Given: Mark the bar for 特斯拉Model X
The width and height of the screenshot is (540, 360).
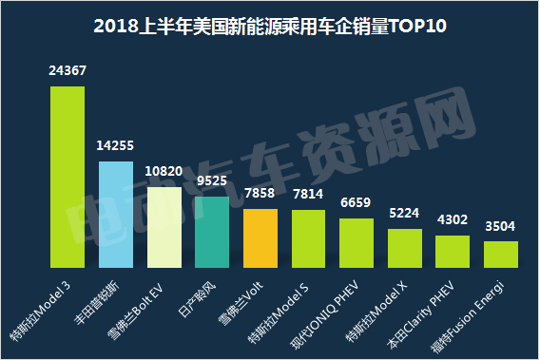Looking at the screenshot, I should click(x=405, y=247).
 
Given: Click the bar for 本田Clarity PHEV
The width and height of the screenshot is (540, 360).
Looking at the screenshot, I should click(x=453, y=251).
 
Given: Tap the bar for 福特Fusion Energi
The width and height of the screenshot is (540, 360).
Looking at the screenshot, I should click(x=501, y=254).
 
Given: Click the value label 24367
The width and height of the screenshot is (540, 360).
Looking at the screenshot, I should click(x=67, y=70).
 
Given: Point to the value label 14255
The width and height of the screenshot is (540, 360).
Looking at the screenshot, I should click(x=115, y=145).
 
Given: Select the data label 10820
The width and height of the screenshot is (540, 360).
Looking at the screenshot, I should click(x=164, y=171).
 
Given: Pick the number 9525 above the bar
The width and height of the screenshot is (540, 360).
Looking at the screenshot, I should click(x=212, y=180).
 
